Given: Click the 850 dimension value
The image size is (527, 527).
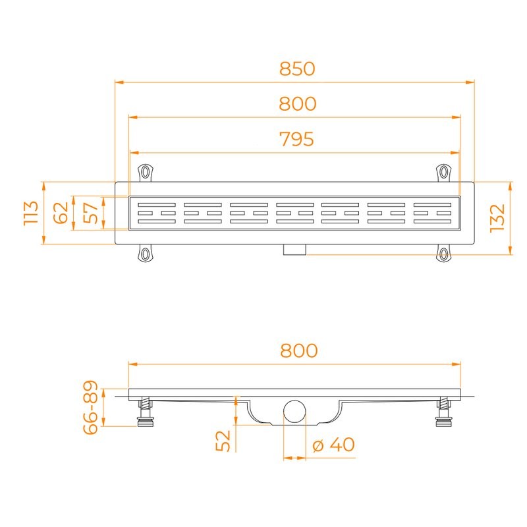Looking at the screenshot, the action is (x=297, y=69).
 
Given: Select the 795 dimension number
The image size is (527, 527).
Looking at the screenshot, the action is (x=297, y=139).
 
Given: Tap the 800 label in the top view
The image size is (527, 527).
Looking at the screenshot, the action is (x=298, y=103).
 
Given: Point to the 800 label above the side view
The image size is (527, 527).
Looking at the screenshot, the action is (x=299, y=350).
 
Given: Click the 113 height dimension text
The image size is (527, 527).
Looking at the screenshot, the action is (x=31, y=213).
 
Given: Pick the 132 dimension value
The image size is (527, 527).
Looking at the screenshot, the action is (x=497, y=218).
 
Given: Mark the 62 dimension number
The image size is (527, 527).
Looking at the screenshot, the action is (x=61, y=213).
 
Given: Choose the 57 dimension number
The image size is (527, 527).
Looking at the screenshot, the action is (x=90, y=213).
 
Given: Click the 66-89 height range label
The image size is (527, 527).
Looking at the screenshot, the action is (x=91, y=407).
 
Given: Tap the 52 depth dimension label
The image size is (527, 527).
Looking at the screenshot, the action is (x=223, y=441).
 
